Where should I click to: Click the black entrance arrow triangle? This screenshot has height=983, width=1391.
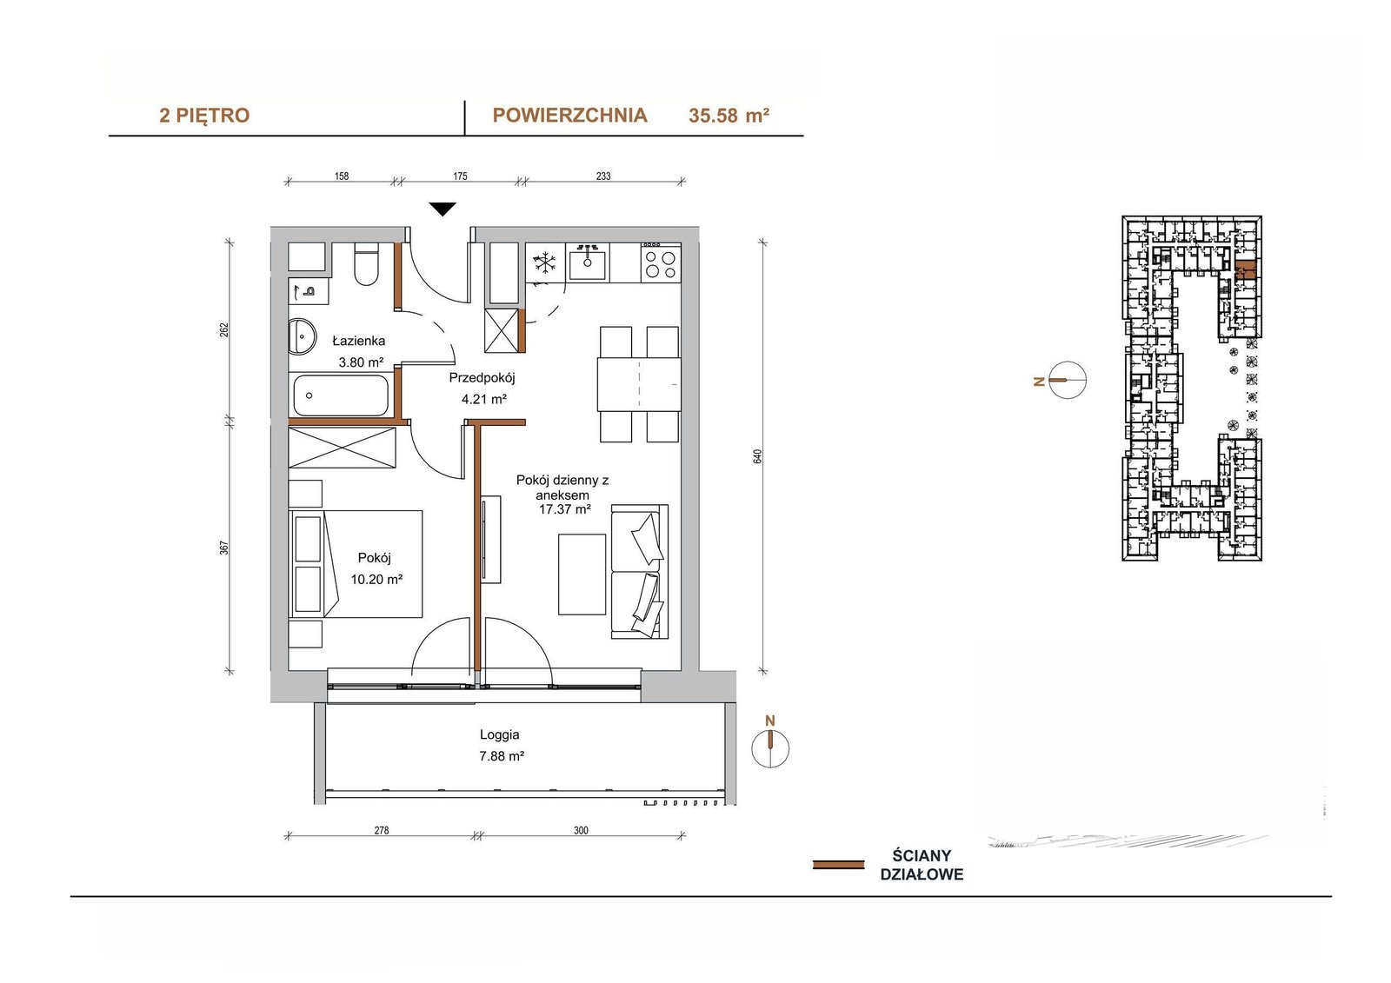443,209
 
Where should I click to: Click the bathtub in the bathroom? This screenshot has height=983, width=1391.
341,395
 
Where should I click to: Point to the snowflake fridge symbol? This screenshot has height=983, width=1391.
544,262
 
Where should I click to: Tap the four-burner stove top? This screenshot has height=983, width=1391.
661,263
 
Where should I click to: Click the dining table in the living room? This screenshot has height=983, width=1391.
639,384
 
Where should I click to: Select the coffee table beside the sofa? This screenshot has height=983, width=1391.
582,574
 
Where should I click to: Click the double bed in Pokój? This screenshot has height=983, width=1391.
356,564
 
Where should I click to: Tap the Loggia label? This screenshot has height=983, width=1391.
499,734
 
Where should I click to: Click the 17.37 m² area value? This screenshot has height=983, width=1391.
564,509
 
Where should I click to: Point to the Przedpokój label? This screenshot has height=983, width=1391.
482,377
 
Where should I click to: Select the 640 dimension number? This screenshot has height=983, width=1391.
757,456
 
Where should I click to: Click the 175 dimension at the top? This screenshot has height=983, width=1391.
460,176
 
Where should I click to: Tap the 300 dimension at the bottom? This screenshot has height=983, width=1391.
581,830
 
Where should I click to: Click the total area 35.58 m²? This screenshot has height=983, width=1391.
729,116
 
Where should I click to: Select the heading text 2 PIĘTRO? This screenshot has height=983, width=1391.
204,116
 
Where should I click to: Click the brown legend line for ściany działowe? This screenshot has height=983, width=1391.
838,865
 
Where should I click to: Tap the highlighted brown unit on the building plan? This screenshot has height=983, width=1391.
1246,271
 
